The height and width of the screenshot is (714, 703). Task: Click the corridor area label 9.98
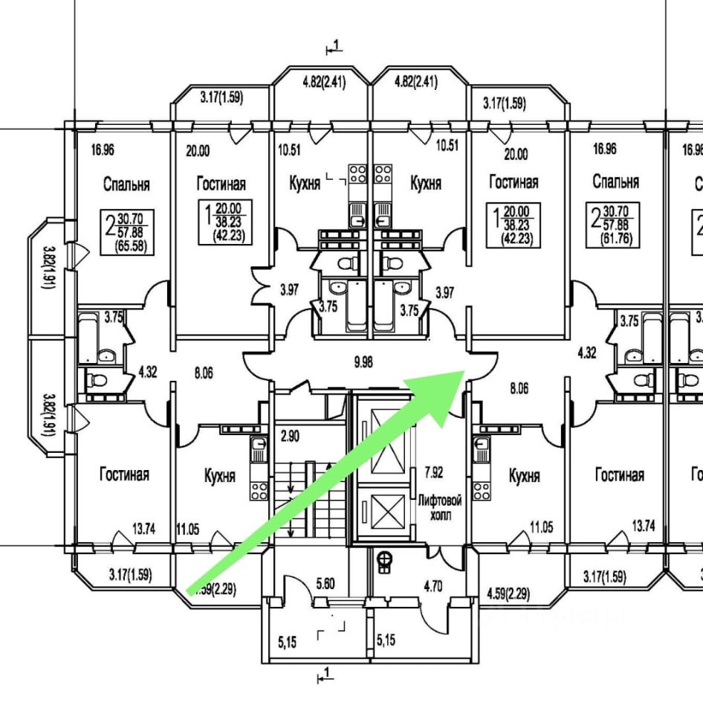coord(363,362)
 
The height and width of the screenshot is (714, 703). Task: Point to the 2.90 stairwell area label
coord(291,437)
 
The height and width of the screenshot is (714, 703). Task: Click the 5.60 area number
coord(325,585)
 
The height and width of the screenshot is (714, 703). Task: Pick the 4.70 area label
coord(433,586)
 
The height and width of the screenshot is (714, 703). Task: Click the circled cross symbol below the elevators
coord(385,557)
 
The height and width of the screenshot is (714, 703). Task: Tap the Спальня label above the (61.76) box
coord(615,181)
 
